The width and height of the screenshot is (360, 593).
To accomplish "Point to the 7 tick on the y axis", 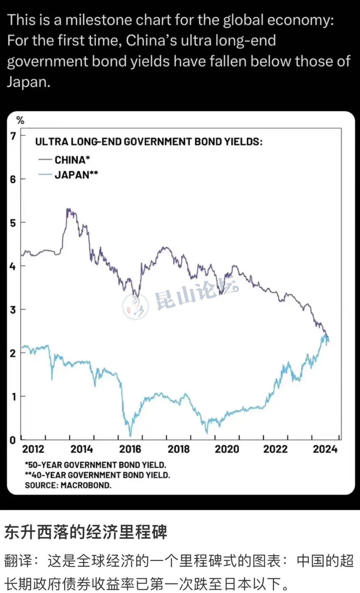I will pyautogui.click(x=13, y=136).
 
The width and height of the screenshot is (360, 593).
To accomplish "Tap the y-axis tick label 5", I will pyautogui.click(x=13, y=223).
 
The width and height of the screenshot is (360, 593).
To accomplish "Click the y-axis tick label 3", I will pyautogui.click(x=13, y=310).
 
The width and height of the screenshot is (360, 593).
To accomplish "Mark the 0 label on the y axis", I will pyautogui.click(x=13, y=440).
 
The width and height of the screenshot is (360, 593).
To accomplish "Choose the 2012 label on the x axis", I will pyautogui.click(x=33, y=449).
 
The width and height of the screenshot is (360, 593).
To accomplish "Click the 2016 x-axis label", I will pyautogui.click(x=130, y=449).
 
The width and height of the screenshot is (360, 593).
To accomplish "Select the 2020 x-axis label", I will pyautogui.click(x=227, y=449).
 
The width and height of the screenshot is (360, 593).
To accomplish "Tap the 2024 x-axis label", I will pyautogui.click(x=325, y=449).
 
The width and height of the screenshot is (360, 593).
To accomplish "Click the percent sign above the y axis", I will pyautogui.click(x=20, y=120).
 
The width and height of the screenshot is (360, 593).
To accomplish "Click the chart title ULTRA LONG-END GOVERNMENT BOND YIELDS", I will pyautogui.click(x=148, y=142).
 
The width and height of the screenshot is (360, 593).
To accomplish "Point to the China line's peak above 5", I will pyautogui.click(x=68, y=209).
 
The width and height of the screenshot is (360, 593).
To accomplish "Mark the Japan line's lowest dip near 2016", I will pyautogui.click(x=130, y=435).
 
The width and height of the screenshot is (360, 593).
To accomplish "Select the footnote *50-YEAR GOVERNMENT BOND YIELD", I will pyautogui.click(x=95, y=465).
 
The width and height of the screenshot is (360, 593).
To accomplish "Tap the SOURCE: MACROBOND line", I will pyautogui.click(x=68, y=485).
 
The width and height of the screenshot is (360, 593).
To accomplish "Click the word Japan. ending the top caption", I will pyautogui.click(x=28, y=82).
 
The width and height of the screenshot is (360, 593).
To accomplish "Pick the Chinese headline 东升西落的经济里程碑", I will pyautogui.click(x=86, y=532).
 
